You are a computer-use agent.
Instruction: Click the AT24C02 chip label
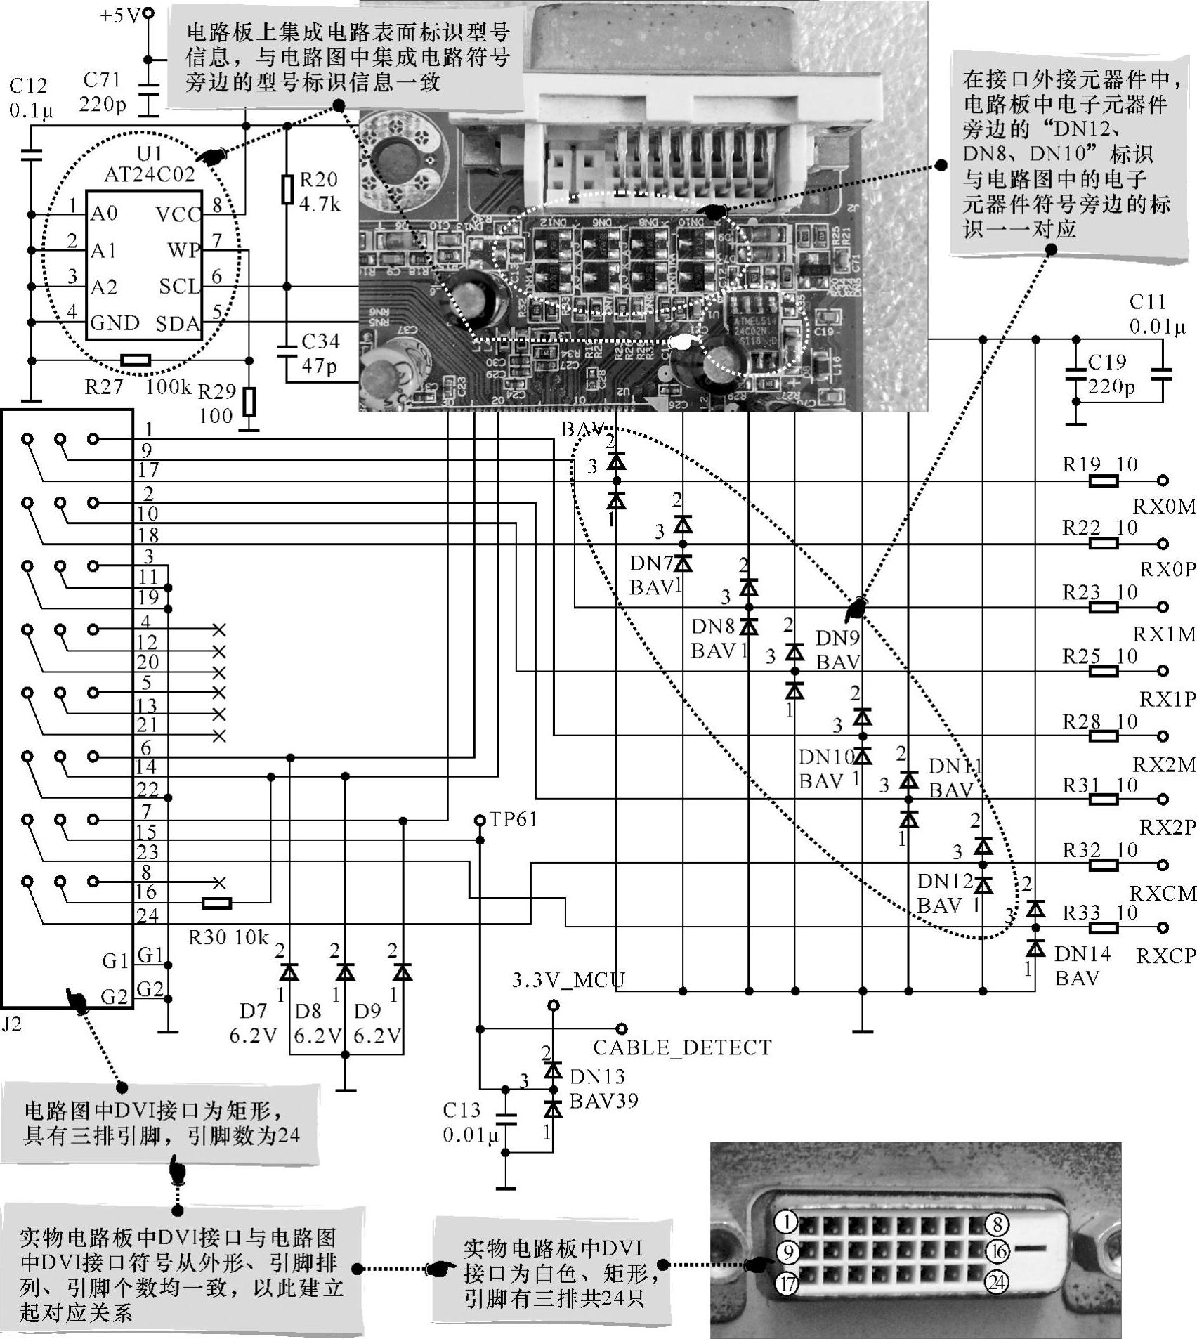point(149,174)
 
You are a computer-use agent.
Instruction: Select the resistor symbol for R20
point(287,190)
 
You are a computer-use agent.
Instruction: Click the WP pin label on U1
point(184,250)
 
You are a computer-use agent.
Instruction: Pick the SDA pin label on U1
point(177,324)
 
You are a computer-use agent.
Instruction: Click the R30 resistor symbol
point(216,903)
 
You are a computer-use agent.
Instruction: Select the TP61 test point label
point(513,819)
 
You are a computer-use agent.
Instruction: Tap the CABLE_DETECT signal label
point(682,1047)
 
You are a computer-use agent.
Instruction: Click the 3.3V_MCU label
point(568,979)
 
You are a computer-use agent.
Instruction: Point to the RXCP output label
point(1165,956)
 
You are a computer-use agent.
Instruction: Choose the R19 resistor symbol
point(1103,481)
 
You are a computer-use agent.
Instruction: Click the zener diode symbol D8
point(345,972)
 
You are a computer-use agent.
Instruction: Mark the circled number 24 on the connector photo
point(997,1283)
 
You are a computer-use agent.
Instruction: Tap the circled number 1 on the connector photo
point(787,1223)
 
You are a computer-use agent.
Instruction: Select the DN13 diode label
point(597,1076)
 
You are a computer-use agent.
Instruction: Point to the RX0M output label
point(1164,507)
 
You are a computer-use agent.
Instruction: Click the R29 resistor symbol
point(249,402)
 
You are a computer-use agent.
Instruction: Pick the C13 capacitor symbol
point(505,1120)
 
